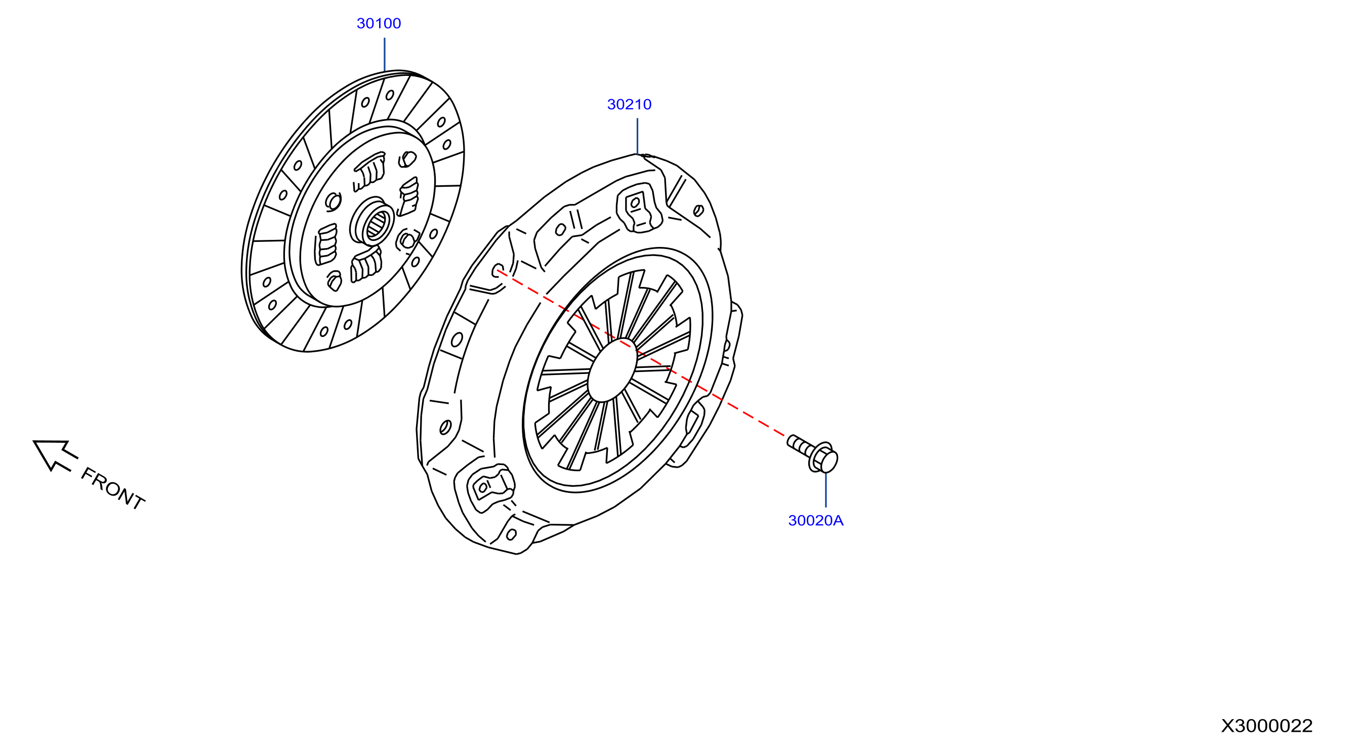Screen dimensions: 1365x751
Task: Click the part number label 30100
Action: pyautogui.click(x=379, y=23)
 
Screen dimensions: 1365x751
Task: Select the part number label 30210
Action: pyautogui.click(x=629, y=104)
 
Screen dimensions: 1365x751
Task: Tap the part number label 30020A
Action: pyautogui.click(x=815, y=520)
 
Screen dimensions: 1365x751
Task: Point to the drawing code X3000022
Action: pyautogui.click(x=1266, y=726)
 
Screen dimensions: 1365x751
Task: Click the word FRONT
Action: pyautogui.click(x=112, y=489)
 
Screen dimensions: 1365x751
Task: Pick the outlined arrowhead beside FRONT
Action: pyautogui.click(x=55, y=454)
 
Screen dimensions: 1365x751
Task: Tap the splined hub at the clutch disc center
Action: pyautogui.click(x=373, y=222)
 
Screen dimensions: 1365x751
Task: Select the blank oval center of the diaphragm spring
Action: pyautogui.click(x=612, y=370)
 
